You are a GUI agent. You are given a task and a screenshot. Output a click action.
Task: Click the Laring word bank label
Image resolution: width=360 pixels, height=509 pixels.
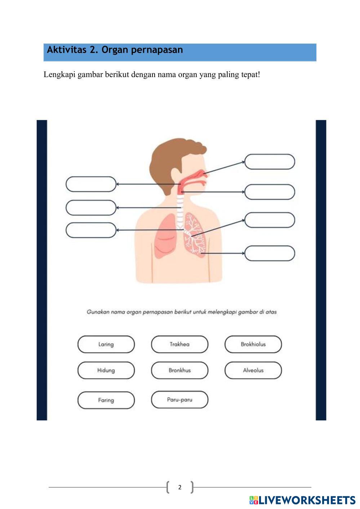(x=106, y=344)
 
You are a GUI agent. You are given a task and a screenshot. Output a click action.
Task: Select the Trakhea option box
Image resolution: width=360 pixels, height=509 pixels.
(x=179, y=344)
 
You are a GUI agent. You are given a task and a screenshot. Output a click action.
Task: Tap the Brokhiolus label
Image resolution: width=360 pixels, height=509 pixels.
(x=253, y=344)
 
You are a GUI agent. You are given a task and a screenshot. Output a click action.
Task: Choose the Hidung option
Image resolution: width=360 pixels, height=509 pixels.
(x=106, y=370)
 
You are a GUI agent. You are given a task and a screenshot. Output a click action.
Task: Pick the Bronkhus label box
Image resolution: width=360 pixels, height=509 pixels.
(x=179, y=370)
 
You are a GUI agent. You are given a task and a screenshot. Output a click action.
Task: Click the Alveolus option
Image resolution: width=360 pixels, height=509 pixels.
(x=253, y=370)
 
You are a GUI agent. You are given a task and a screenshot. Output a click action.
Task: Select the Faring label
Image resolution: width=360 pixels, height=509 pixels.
(x=106, y=400)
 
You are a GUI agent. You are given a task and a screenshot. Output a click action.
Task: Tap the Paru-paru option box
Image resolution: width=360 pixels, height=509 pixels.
(x=179, y=399)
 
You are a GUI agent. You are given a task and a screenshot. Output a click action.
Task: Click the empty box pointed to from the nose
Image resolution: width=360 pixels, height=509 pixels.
(x=270, y=162)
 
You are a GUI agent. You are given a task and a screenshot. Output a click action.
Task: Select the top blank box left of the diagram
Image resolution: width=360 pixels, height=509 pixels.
(x=91, y=184)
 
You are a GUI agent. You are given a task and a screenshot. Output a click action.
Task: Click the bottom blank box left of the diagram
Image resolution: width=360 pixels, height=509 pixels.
(x=91, y=230)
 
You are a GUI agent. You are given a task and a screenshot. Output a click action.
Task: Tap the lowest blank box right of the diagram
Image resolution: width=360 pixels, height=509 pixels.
(x=270, y=253)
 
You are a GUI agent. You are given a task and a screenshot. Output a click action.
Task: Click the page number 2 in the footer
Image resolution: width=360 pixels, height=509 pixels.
(x=180, y=487)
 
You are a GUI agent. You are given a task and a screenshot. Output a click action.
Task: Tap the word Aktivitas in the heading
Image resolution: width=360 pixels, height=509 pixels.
(x=67, y=50)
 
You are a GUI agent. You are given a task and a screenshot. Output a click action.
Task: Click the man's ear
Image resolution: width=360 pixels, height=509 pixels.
(x=176, y=175)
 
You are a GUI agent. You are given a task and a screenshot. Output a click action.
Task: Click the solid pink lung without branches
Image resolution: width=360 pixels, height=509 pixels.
(x=165, y=236)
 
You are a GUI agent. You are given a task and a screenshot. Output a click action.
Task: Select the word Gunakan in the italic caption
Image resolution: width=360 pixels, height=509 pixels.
(x=98, y=312)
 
